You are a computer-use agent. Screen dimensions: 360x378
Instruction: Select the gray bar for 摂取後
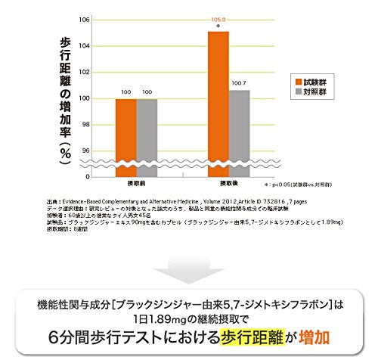[x=239, y=133]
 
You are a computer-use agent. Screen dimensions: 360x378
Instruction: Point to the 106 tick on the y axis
[x=85, y=19]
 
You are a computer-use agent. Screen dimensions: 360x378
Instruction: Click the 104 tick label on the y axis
[x=85, y=45]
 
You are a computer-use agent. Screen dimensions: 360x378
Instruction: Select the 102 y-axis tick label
[x=85, y=72]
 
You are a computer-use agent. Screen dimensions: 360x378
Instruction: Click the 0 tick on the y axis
[x=88, y=176]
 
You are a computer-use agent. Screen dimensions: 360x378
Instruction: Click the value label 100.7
[x=240, y=82]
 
